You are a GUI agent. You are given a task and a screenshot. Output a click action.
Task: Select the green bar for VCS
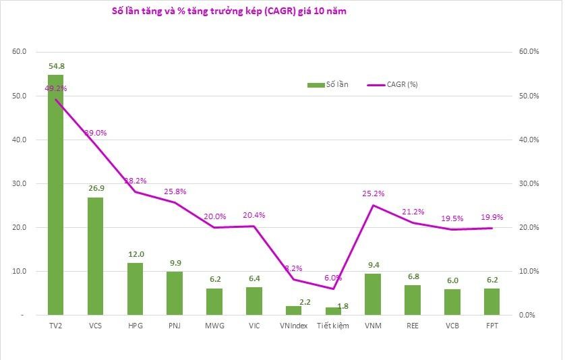coord(96,256)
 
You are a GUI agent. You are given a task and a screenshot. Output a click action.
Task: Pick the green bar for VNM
coord(373,294)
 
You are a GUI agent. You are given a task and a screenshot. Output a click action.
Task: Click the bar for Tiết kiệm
coord(334,311)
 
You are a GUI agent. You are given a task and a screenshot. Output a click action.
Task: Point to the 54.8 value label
coord(57,66)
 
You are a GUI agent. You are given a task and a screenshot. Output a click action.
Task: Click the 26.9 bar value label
coord(96,189)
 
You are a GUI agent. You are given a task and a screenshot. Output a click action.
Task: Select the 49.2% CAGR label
coord(56,88)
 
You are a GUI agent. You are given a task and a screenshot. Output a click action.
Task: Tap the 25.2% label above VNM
coord(373,193)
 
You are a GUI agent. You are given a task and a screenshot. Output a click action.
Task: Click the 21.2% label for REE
coord(413,211)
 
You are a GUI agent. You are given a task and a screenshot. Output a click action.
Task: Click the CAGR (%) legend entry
coord(394,84)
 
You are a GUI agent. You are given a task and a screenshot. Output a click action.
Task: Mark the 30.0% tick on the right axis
coord(527,183)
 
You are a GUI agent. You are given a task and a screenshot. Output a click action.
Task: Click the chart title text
coord(229,11)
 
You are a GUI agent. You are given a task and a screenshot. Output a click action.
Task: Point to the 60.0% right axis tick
coord(527,51)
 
